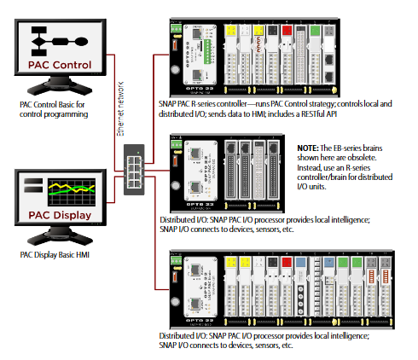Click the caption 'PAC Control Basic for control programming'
tap(55, 108)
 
